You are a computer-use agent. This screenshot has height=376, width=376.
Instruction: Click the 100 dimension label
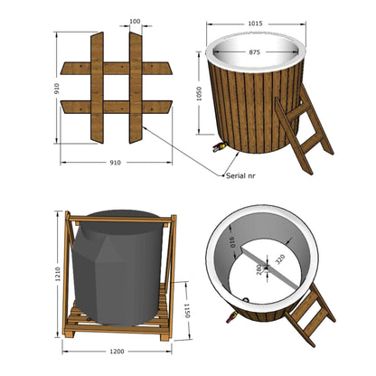[135, 22]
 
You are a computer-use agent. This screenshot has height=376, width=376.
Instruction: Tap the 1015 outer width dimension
[255, 23]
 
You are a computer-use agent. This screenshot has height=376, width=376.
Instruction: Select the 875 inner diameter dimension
[254, 52]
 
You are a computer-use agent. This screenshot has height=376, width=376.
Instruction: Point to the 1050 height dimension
[199, 94]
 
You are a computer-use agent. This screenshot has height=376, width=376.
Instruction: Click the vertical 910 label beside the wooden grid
[57, 89]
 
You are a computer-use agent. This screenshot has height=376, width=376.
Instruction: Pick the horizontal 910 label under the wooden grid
[115, 163]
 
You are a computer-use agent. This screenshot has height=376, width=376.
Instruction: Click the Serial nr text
[240, 175]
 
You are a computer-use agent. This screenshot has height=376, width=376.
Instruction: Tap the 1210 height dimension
[58, 274]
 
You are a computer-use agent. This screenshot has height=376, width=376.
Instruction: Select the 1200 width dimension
[117, 352]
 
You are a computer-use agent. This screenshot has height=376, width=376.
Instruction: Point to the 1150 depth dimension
[187, 311]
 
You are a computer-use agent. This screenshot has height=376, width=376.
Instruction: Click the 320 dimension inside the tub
[280, 258]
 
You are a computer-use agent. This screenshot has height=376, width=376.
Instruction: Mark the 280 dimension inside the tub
[259, 269]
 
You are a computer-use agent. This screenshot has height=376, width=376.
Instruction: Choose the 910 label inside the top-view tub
[233, 242]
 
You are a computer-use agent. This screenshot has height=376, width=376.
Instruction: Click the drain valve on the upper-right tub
[219, 147]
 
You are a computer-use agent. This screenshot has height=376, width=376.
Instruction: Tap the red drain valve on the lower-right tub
[231, 317]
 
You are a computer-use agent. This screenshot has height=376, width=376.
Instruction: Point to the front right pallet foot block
[165, 335]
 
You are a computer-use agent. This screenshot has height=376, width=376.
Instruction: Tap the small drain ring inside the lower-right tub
[246, 299]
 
